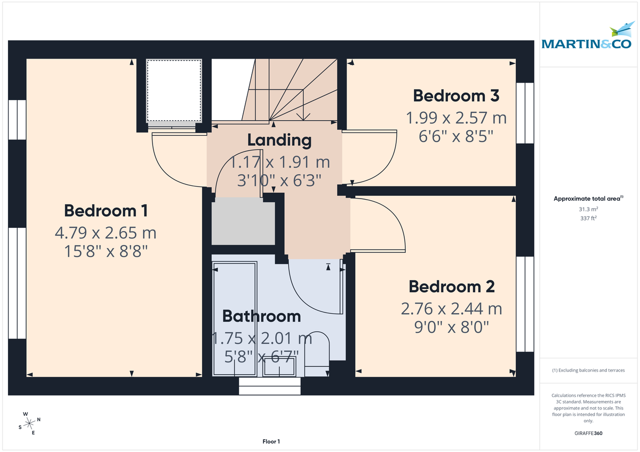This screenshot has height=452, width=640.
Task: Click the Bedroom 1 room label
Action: coord(106,210)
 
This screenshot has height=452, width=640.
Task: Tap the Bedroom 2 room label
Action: coord(452,286)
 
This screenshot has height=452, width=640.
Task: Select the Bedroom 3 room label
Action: coord(456,96)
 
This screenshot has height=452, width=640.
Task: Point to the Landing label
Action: coord(279,140)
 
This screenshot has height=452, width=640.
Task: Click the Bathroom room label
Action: coord(261,316)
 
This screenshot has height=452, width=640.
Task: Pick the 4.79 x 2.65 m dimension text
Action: coord(106,233)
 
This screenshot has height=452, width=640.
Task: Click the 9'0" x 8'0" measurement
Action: coord(452,326)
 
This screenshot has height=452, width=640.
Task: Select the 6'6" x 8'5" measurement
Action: coord(456,136)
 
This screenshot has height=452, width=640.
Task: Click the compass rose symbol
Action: coord(30,423)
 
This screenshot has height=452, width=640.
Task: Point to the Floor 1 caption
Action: coord(271,441)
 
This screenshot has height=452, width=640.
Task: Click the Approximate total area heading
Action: coord(587,199)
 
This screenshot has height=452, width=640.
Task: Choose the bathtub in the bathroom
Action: coord(234,319)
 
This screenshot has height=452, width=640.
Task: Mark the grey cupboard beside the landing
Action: coord(243,221)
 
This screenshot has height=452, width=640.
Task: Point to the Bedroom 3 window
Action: coord(525,113)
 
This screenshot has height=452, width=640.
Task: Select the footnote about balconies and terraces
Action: coord(588,370)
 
